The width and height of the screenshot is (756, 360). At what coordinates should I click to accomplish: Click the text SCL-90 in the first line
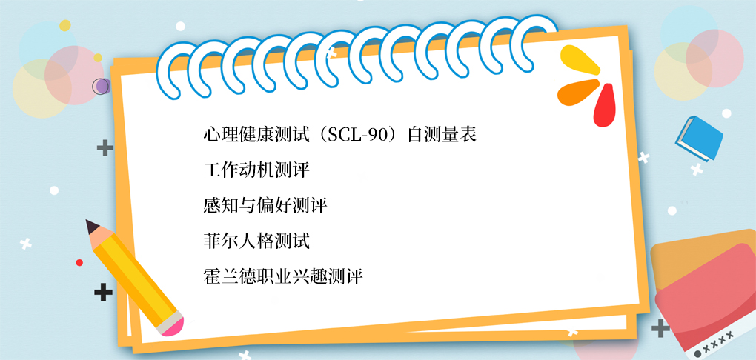[x=357, y=135]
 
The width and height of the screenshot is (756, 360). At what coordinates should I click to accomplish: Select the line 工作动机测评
[x=256, y=170]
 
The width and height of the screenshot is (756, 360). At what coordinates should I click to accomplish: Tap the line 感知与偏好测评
[x=265, y=205]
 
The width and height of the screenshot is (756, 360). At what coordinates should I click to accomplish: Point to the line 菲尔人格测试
[x=256, y=241]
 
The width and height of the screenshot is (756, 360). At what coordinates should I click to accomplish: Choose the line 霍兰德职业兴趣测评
[x=283, y=276]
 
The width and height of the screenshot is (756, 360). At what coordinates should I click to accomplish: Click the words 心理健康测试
[x=256, y=135]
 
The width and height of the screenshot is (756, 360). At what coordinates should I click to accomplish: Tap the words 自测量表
[x=442, y=135]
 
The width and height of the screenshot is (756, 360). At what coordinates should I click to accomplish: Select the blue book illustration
[x=699, y=139]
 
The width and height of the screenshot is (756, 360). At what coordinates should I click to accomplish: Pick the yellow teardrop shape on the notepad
[x=580, y=59]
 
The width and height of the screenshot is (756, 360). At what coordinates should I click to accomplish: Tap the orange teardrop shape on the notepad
[x=577, y=93]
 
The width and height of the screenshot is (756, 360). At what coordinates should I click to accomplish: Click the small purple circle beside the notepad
[x=102, y=86]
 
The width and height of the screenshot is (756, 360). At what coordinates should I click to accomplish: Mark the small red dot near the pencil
[x=79, y=263]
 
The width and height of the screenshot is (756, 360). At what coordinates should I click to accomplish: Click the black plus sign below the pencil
[x=103, y=293]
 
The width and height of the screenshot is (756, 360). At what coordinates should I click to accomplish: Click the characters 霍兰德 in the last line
[x=230, y=276]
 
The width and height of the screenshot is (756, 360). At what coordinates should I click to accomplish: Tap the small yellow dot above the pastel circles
[x=65, y=25]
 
